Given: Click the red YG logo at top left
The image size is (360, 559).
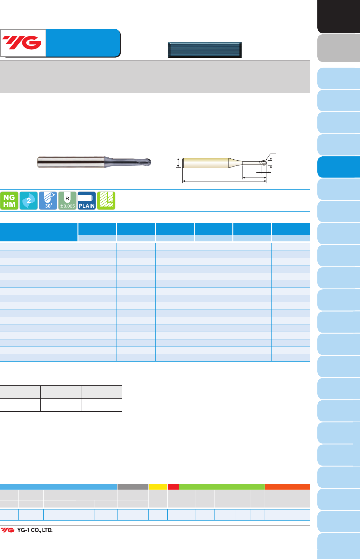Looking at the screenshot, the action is click(x=22, y=43).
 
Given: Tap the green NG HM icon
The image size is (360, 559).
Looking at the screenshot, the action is click(x=9, y=201).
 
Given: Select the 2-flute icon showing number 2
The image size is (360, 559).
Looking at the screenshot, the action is click(x=29, y=201).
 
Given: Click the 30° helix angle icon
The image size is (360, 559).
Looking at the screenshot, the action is click(x=48, y=201).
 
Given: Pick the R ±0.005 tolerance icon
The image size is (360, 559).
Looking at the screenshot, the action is click(x=67, y=201).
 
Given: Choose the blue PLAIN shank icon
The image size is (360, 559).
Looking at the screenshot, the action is click(x=87, y=201).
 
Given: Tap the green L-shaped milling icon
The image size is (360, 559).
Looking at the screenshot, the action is click(x=106, y=201).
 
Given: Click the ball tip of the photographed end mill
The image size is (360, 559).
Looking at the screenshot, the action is click(x=147, y=162).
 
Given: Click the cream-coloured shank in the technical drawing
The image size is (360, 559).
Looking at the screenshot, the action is click(x=205, y=163).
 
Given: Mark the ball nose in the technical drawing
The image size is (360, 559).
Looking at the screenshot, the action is click(x=263, y=163).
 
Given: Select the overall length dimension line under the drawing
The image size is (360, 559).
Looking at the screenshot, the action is click(x=225, y=181).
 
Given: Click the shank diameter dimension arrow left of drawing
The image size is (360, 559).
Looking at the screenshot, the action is click(x=178, y=163).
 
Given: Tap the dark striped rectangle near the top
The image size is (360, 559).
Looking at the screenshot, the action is click(x=205, y=50).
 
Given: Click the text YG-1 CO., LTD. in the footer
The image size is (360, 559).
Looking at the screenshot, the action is click(x=35, y=530).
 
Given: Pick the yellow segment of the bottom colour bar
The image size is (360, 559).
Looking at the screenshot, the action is click(x=158, y=487).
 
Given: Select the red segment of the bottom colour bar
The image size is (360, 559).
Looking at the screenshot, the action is click(x=173, y=487).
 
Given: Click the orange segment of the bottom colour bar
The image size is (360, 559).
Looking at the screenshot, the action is click(x=287, y=487).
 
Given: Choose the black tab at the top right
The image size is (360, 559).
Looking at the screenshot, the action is click(x=339, y=16).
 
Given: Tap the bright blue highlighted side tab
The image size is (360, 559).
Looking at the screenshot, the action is click(x=339, y=167).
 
